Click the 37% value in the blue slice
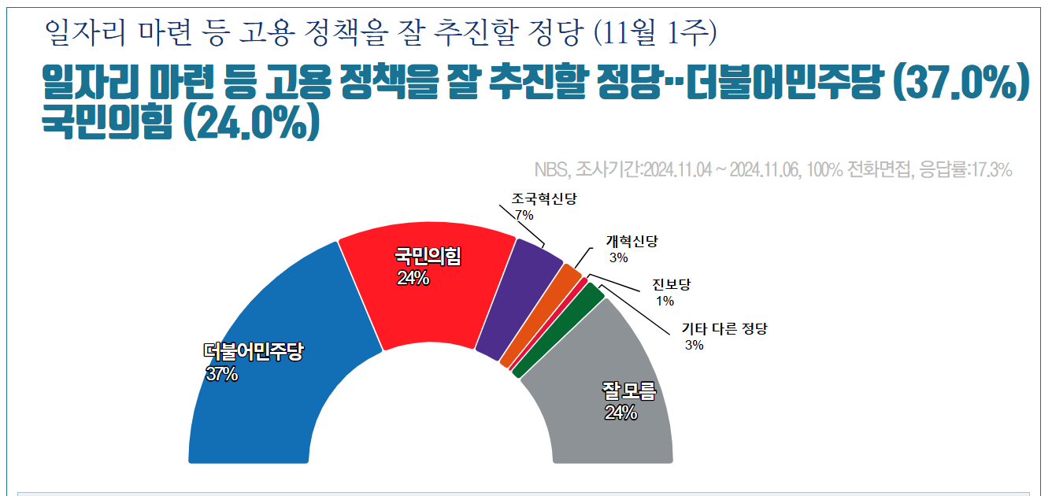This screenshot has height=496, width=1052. point(222,375)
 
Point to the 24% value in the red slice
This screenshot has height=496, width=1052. point(413,278)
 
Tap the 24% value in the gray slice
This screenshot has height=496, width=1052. point(620,413)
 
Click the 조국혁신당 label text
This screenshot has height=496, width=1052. point(544,199)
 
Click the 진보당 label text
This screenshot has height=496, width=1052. point(671,284)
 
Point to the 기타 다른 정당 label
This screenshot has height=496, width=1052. point(724,329)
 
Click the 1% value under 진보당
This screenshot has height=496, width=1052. point(665,301)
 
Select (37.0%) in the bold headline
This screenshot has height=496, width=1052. point(962,84)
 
